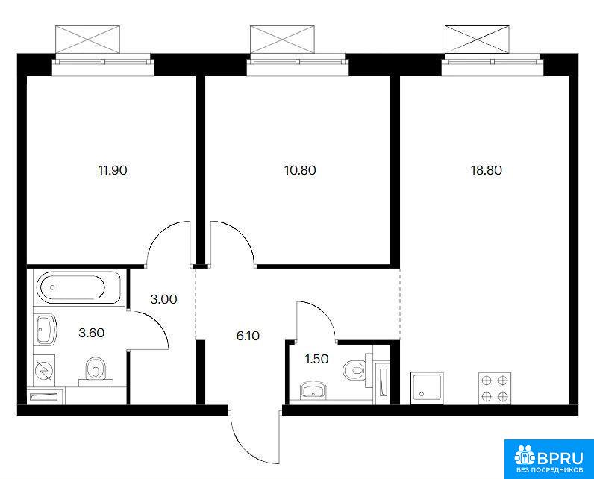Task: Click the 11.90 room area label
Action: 113,170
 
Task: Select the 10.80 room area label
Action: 300,170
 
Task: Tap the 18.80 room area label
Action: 487,170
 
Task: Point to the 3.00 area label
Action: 163,299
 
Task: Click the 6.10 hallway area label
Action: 248,336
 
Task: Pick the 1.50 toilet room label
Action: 316,359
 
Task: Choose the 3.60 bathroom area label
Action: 91,333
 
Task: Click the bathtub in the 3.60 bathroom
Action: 78,287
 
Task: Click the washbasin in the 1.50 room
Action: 313,390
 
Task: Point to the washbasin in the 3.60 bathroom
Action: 46,330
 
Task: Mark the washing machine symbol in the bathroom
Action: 44,369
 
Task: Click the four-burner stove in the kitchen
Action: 494,388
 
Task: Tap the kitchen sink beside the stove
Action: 427,388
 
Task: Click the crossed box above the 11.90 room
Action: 87,40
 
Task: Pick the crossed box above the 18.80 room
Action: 477,40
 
